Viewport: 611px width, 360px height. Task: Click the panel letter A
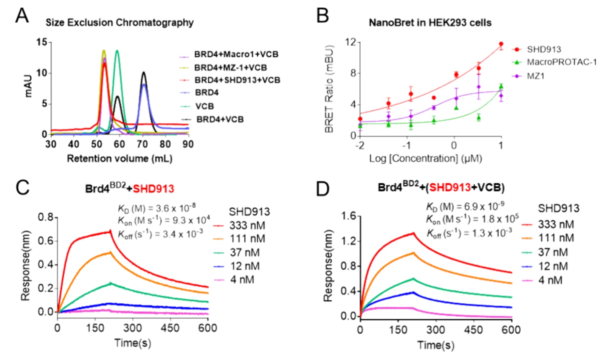point(22,16)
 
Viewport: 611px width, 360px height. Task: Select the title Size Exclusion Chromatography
point(119,23)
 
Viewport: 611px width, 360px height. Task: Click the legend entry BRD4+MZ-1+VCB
point(230,68)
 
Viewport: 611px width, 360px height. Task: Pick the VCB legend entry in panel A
point(205,106)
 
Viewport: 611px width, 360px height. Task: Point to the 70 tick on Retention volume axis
point(143,144)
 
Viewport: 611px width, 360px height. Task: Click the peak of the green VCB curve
point(117,51)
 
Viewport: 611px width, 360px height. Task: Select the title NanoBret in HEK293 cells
point(430,23)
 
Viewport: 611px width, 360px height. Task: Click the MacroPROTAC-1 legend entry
point(561,62)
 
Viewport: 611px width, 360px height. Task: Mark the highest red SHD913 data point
point(501,44)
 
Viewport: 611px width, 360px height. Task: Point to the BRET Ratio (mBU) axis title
point(329,89)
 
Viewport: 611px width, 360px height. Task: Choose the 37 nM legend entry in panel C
point(245,252)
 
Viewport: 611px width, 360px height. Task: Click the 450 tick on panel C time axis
point(170,327)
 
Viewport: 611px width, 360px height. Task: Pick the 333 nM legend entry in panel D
point(556,224)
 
